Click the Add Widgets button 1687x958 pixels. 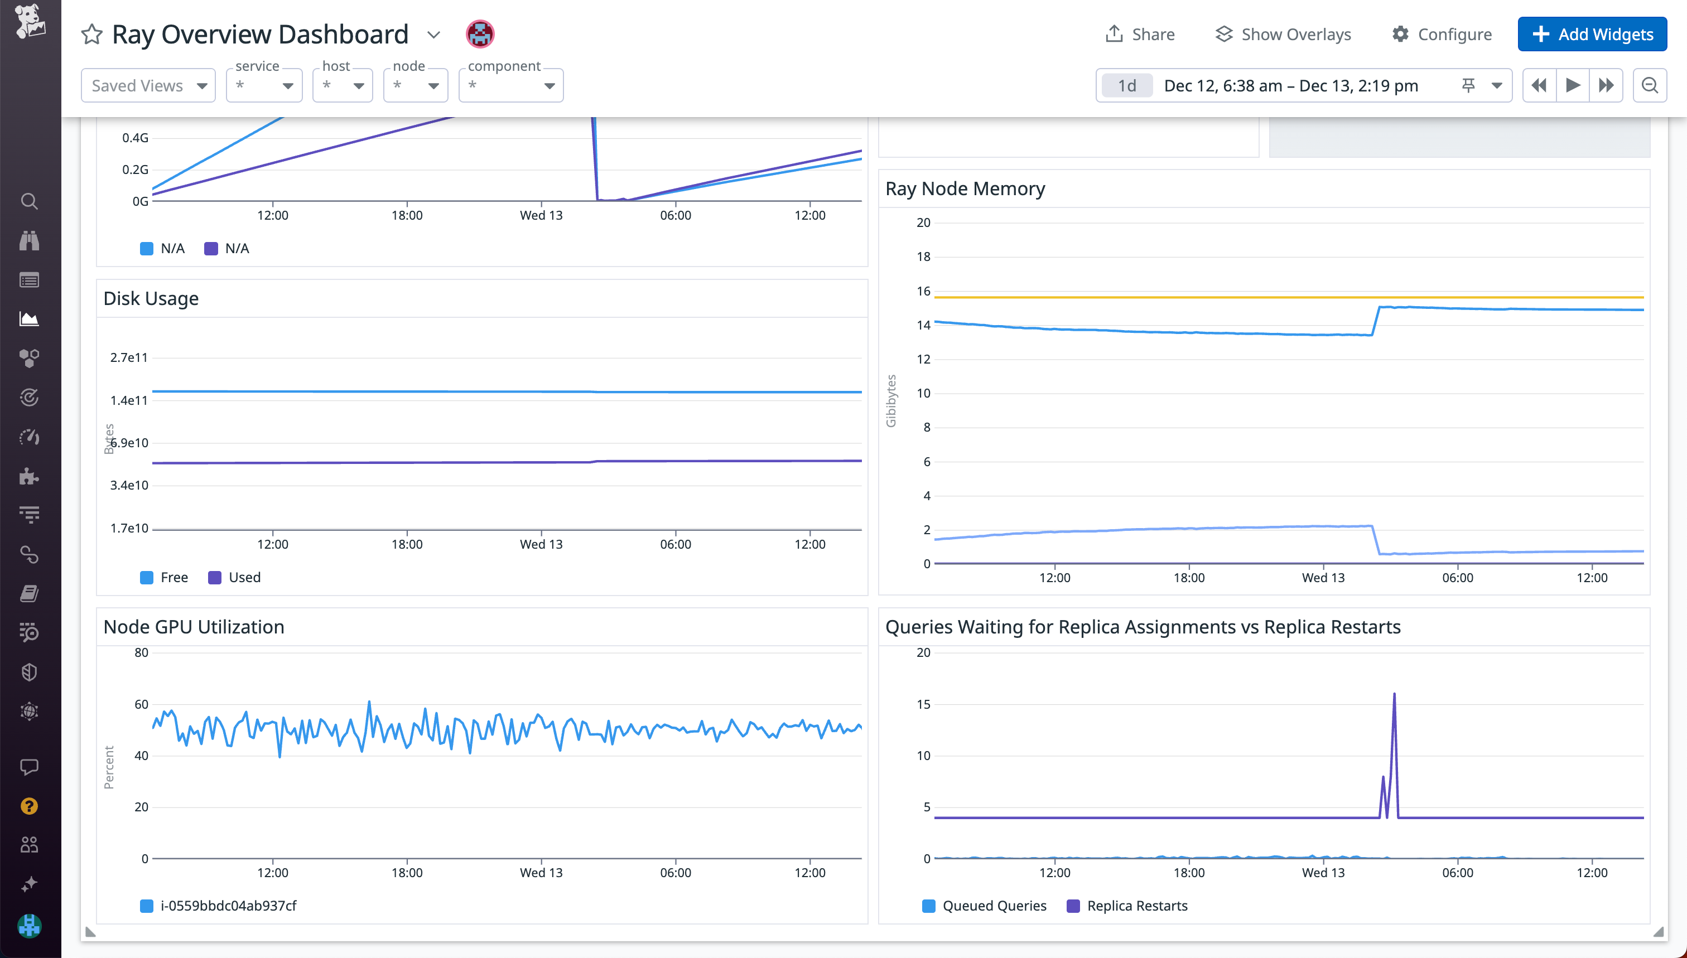(x=1592, y=34)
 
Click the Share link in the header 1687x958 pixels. (x=1140, y=34)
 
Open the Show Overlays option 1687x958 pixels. (x=1283, y=34)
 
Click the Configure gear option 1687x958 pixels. (x=1442, y=34)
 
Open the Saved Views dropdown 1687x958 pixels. (x=148, y=85)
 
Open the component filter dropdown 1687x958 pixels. (x=511, y=85)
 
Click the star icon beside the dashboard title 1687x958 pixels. (x=91, y=34)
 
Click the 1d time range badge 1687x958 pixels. (x=1127, y=85)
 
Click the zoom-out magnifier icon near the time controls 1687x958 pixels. (x=1650, y=85)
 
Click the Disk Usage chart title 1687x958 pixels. (x=151, y=299)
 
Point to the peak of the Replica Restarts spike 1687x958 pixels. (x=1394, y=694)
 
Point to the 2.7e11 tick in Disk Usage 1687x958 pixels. (x=129, y=358)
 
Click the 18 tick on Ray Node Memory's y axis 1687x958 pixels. (x=923, y=257)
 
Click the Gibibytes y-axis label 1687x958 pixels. (x=891, y=401)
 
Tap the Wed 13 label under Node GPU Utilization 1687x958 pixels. (x=541, y=873)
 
